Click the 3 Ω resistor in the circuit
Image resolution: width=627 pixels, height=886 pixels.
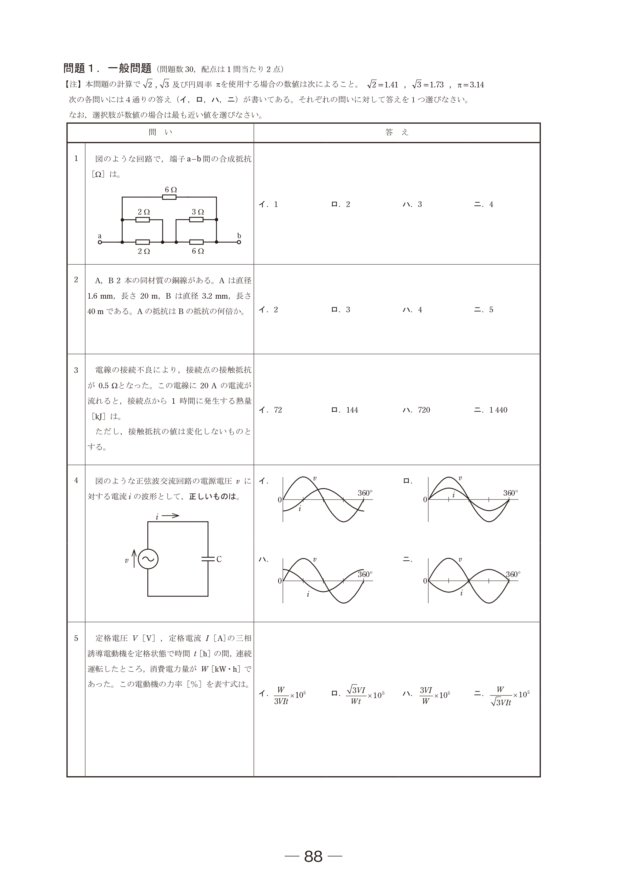(196, 220)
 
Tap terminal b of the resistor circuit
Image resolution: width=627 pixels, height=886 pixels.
(239, 242)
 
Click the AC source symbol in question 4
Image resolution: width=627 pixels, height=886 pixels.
(148, 559)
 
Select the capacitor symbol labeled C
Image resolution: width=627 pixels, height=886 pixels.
(208, 559)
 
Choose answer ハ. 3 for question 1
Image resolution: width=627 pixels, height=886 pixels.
(412, 205)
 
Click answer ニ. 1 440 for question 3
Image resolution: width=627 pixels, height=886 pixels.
(491, 410)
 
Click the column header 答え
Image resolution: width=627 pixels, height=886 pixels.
(396, 132)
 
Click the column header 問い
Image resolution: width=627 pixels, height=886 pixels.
(160, 132)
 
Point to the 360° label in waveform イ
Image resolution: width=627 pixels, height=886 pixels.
(365, 493)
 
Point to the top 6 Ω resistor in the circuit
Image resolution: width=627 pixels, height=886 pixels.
(169, 197)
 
